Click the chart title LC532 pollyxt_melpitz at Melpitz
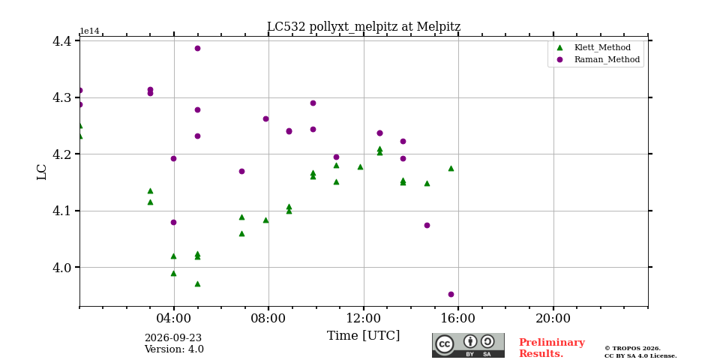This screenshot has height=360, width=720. coord(364,27)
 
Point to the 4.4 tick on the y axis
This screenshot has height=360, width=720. coord(63,41)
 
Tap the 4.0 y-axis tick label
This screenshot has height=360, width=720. coord(63,267)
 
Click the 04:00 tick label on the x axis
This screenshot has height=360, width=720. coord(174,318)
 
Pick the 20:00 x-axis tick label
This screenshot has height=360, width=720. coord(553,318)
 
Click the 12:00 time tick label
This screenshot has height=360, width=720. coord(364,318)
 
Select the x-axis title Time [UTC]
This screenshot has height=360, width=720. coord(363,336)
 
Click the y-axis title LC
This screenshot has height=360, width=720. coord(42,172)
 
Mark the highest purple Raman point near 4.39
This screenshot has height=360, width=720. coord(197,48)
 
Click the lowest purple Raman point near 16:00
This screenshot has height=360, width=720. coord(451,294)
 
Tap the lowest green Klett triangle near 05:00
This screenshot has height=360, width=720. coord(197,283)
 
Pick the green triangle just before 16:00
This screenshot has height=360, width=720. coord(451,169)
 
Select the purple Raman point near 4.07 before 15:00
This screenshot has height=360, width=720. coord(427,225)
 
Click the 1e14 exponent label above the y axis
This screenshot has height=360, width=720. coord(89,31)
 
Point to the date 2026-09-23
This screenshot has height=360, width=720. coord(173,338)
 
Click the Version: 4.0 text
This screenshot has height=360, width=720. coord(174,349)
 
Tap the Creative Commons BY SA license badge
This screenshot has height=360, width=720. coord(468,345)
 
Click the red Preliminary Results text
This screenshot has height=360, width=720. coord(552,348)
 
